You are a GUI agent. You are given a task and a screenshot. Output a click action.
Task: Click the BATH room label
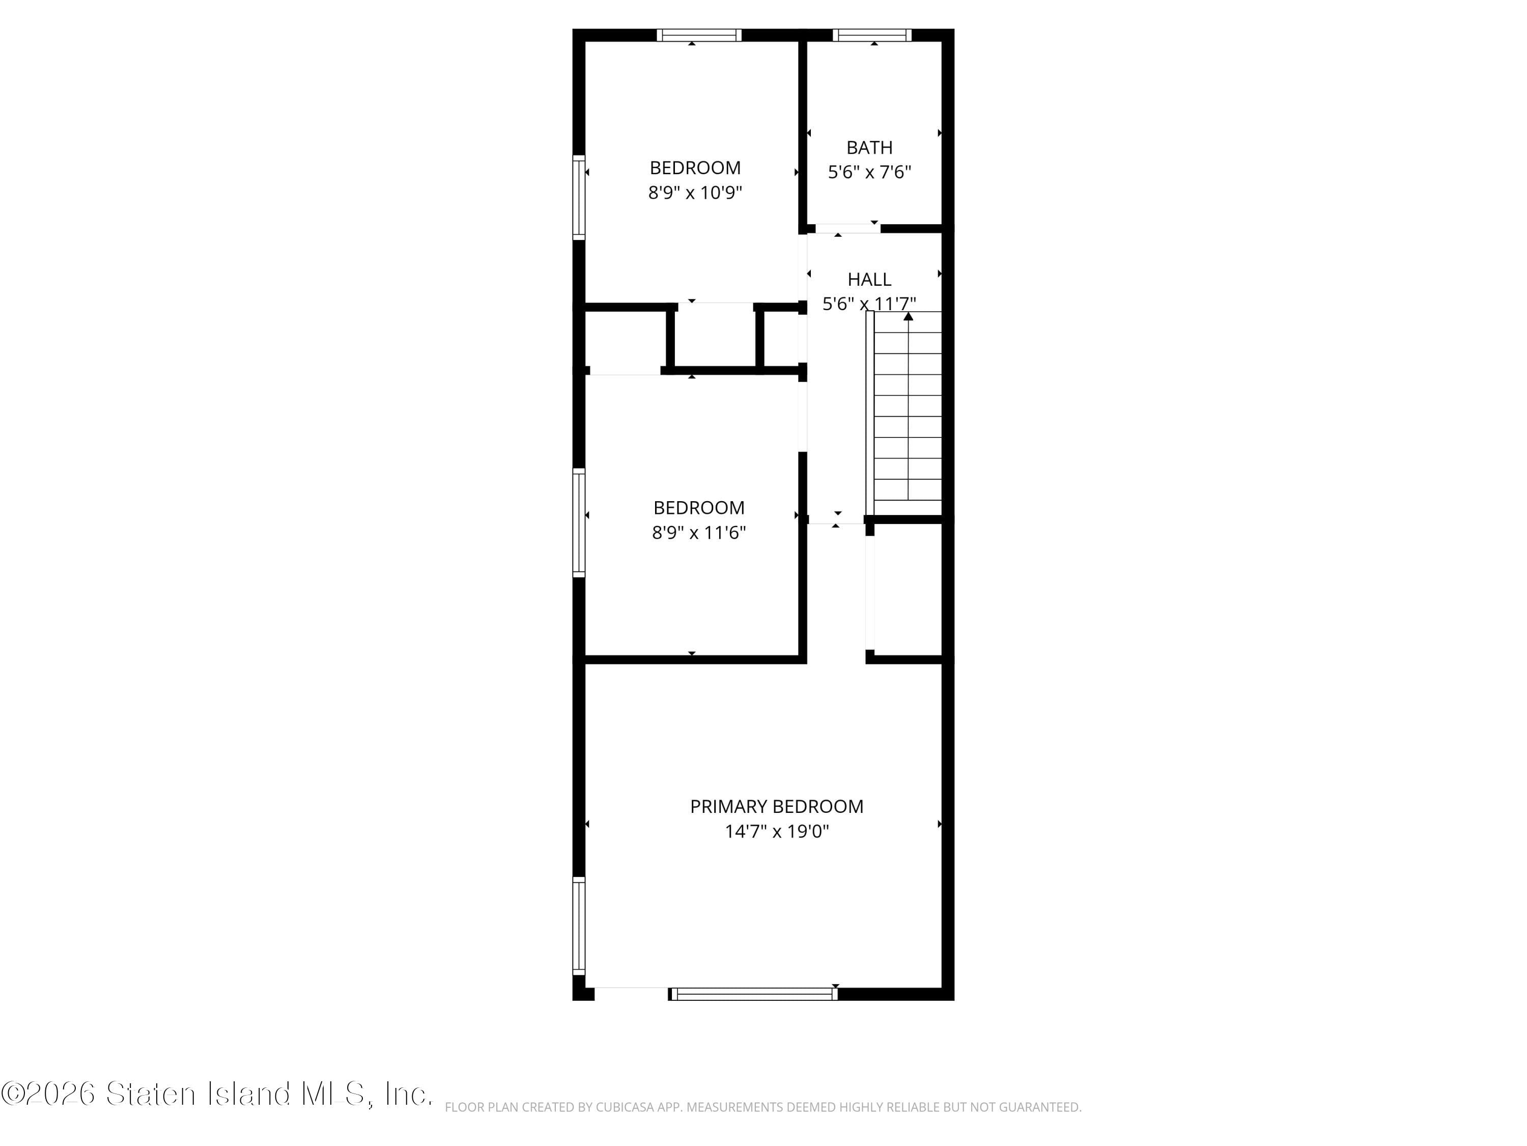869,148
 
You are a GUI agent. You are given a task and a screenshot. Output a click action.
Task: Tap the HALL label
869,280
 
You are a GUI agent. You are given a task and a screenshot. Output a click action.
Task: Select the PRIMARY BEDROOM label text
777,807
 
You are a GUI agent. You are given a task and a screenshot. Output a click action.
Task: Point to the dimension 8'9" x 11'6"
699,533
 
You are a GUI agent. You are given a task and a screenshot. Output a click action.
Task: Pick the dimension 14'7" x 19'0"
777,831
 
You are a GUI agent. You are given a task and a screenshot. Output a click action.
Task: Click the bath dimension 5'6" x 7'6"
869,172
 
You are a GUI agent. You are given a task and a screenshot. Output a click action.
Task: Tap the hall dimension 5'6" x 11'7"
869,304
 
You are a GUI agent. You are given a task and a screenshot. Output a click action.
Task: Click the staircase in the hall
907,415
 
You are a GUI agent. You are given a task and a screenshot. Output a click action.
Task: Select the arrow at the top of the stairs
909,316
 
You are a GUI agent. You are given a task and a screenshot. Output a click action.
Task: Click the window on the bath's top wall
872,35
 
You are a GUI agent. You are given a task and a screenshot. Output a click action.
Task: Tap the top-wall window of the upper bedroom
699,35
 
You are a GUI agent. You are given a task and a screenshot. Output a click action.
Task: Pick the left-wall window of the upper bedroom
579,198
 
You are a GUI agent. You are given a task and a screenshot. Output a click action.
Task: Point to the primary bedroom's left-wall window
579,925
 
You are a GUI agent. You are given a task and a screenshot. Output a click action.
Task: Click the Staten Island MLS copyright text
217,1094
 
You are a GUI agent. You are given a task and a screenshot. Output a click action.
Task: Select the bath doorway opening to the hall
847,229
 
